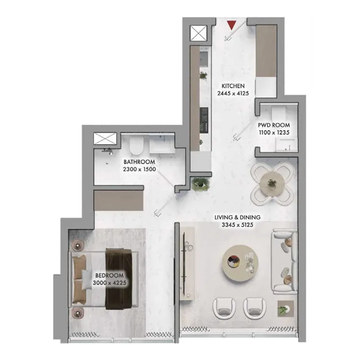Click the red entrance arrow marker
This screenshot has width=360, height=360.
click(232, 25)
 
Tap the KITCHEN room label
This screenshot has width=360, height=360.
click(233, 86)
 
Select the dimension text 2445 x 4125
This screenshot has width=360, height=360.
click(233, 94)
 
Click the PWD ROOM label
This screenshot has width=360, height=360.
click(274, 125)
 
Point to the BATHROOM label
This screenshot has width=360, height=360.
click(139, 162)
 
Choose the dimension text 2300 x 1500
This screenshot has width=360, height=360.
click(139, 169)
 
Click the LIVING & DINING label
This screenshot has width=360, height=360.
click(238, 217)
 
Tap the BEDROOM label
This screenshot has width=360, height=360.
click(109, 275)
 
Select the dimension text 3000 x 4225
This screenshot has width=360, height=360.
click(109, 283)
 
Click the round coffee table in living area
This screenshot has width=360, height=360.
click(240, 263)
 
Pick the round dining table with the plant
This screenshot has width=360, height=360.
click(272, 184)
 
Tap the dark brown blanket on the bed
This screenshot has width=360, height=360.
click(119, 279)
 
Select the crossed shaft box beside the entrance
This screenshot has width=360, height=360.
click(198, 33)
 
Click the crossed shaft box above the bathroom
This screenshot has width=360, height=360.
click(105, 139)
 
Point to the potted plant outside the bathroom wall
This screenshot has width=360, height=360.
click(200, 184)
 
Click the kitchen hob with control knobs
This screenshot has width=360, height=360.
click(204, 120)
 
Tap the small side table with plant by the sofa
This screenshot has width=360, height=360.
click(286, 309)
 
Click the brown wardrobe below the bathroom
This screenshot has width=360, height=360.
click(119, 200)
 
